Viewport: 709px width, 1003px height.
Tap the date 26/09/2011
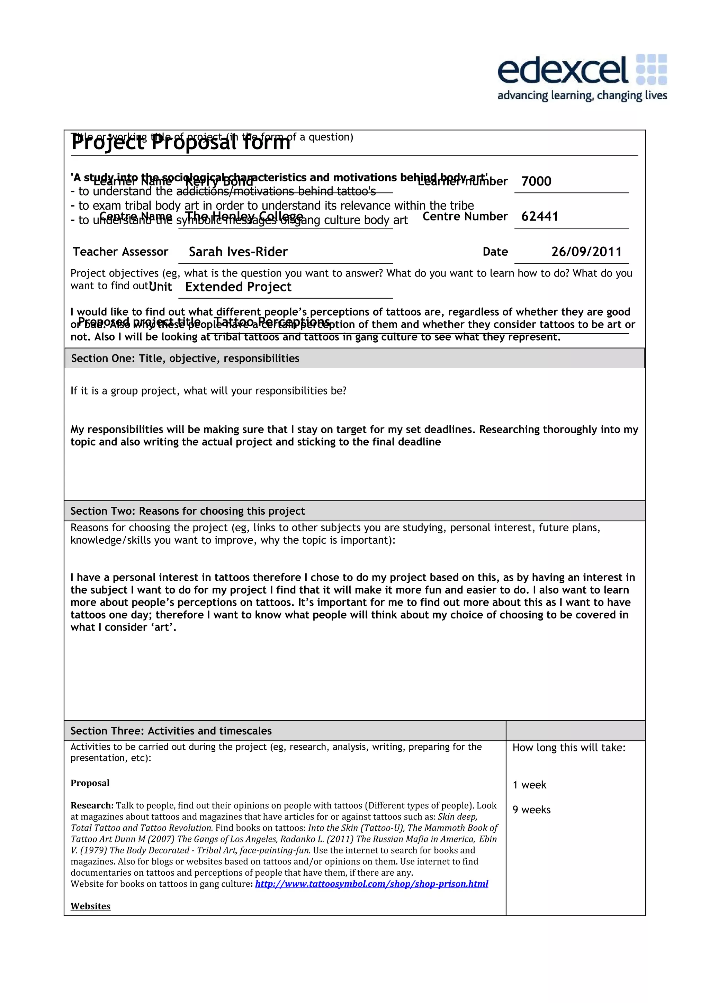586,252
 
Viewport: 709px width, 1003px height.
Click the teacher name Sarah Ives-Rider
238,252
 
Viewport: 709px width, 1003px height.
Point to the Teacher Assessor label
120,252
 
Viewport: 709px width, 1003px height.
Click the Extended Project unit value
238,287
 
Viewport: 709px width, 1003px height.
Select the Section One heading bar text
185,358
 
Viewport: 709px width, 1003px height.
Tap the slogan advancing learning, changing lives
582,95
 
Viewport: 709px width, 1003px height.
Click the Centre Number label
465,216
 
